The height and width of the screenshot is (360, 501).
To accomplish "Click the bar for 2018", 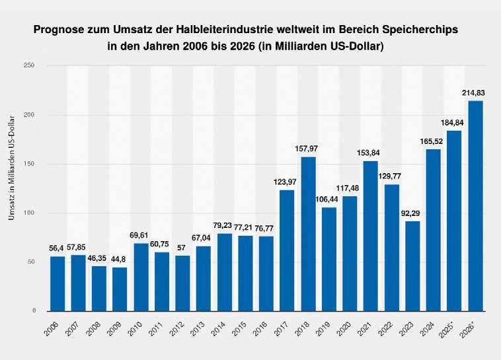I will click(308, 233).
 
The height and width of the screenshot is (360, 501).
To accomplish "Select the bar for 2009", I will click(120, 289).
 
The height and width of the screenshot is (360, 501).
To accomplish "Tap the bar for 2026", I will click(475, 205).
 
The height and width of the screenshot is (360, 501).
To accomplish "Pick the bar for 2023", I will click(412, 266).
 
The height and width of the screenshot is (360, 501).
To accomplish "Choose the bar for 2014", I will click(224, 272).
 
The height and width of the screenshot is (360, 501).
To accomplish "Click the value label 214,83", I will click(475, 93).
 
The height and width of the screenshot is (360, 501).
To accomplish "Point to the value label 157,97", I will click(308, 149).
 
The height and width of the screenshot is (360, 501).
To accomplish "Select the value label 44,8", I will click(120, 260).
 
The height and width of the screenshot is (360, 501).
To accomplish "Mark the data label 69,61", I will click(141, 236).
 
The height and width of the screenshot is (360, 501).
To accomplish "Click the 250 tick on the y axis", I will click(29, 65).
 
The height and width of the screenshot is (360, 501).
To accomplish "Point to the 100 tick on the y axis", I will click(29, 213).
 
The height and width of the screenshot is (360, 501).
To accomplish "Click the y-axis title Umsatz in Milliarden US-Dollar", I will click(11, 188).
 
